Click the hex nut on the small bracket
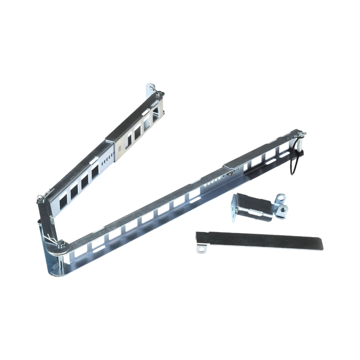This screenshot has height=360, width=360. pyautogui.click(x=284, y=209)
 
